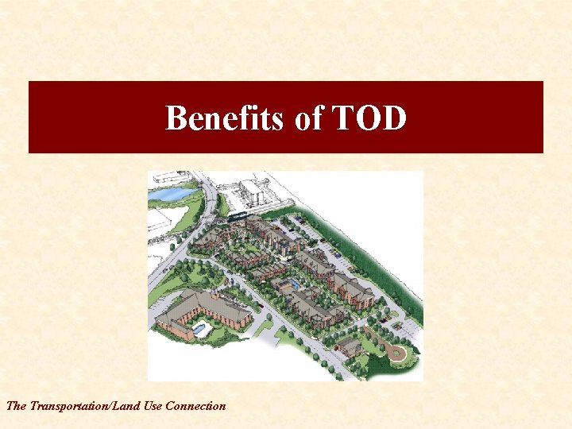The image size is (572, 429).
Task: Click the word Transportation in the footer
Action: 69,406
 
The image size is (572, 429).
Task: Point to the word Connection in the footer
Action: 195,406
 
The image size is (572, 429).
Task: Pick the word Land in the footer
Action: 128,406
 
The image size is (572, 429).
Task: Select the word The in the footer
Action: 15,406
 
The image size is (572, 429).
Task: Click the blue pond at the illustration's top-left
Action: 171,193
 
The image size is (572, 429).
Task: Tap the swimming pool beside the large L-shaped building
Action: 198,327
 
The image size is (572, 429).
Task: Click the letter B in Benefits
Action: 176,118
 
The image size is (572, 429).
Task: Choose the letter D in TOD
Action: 394,118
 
